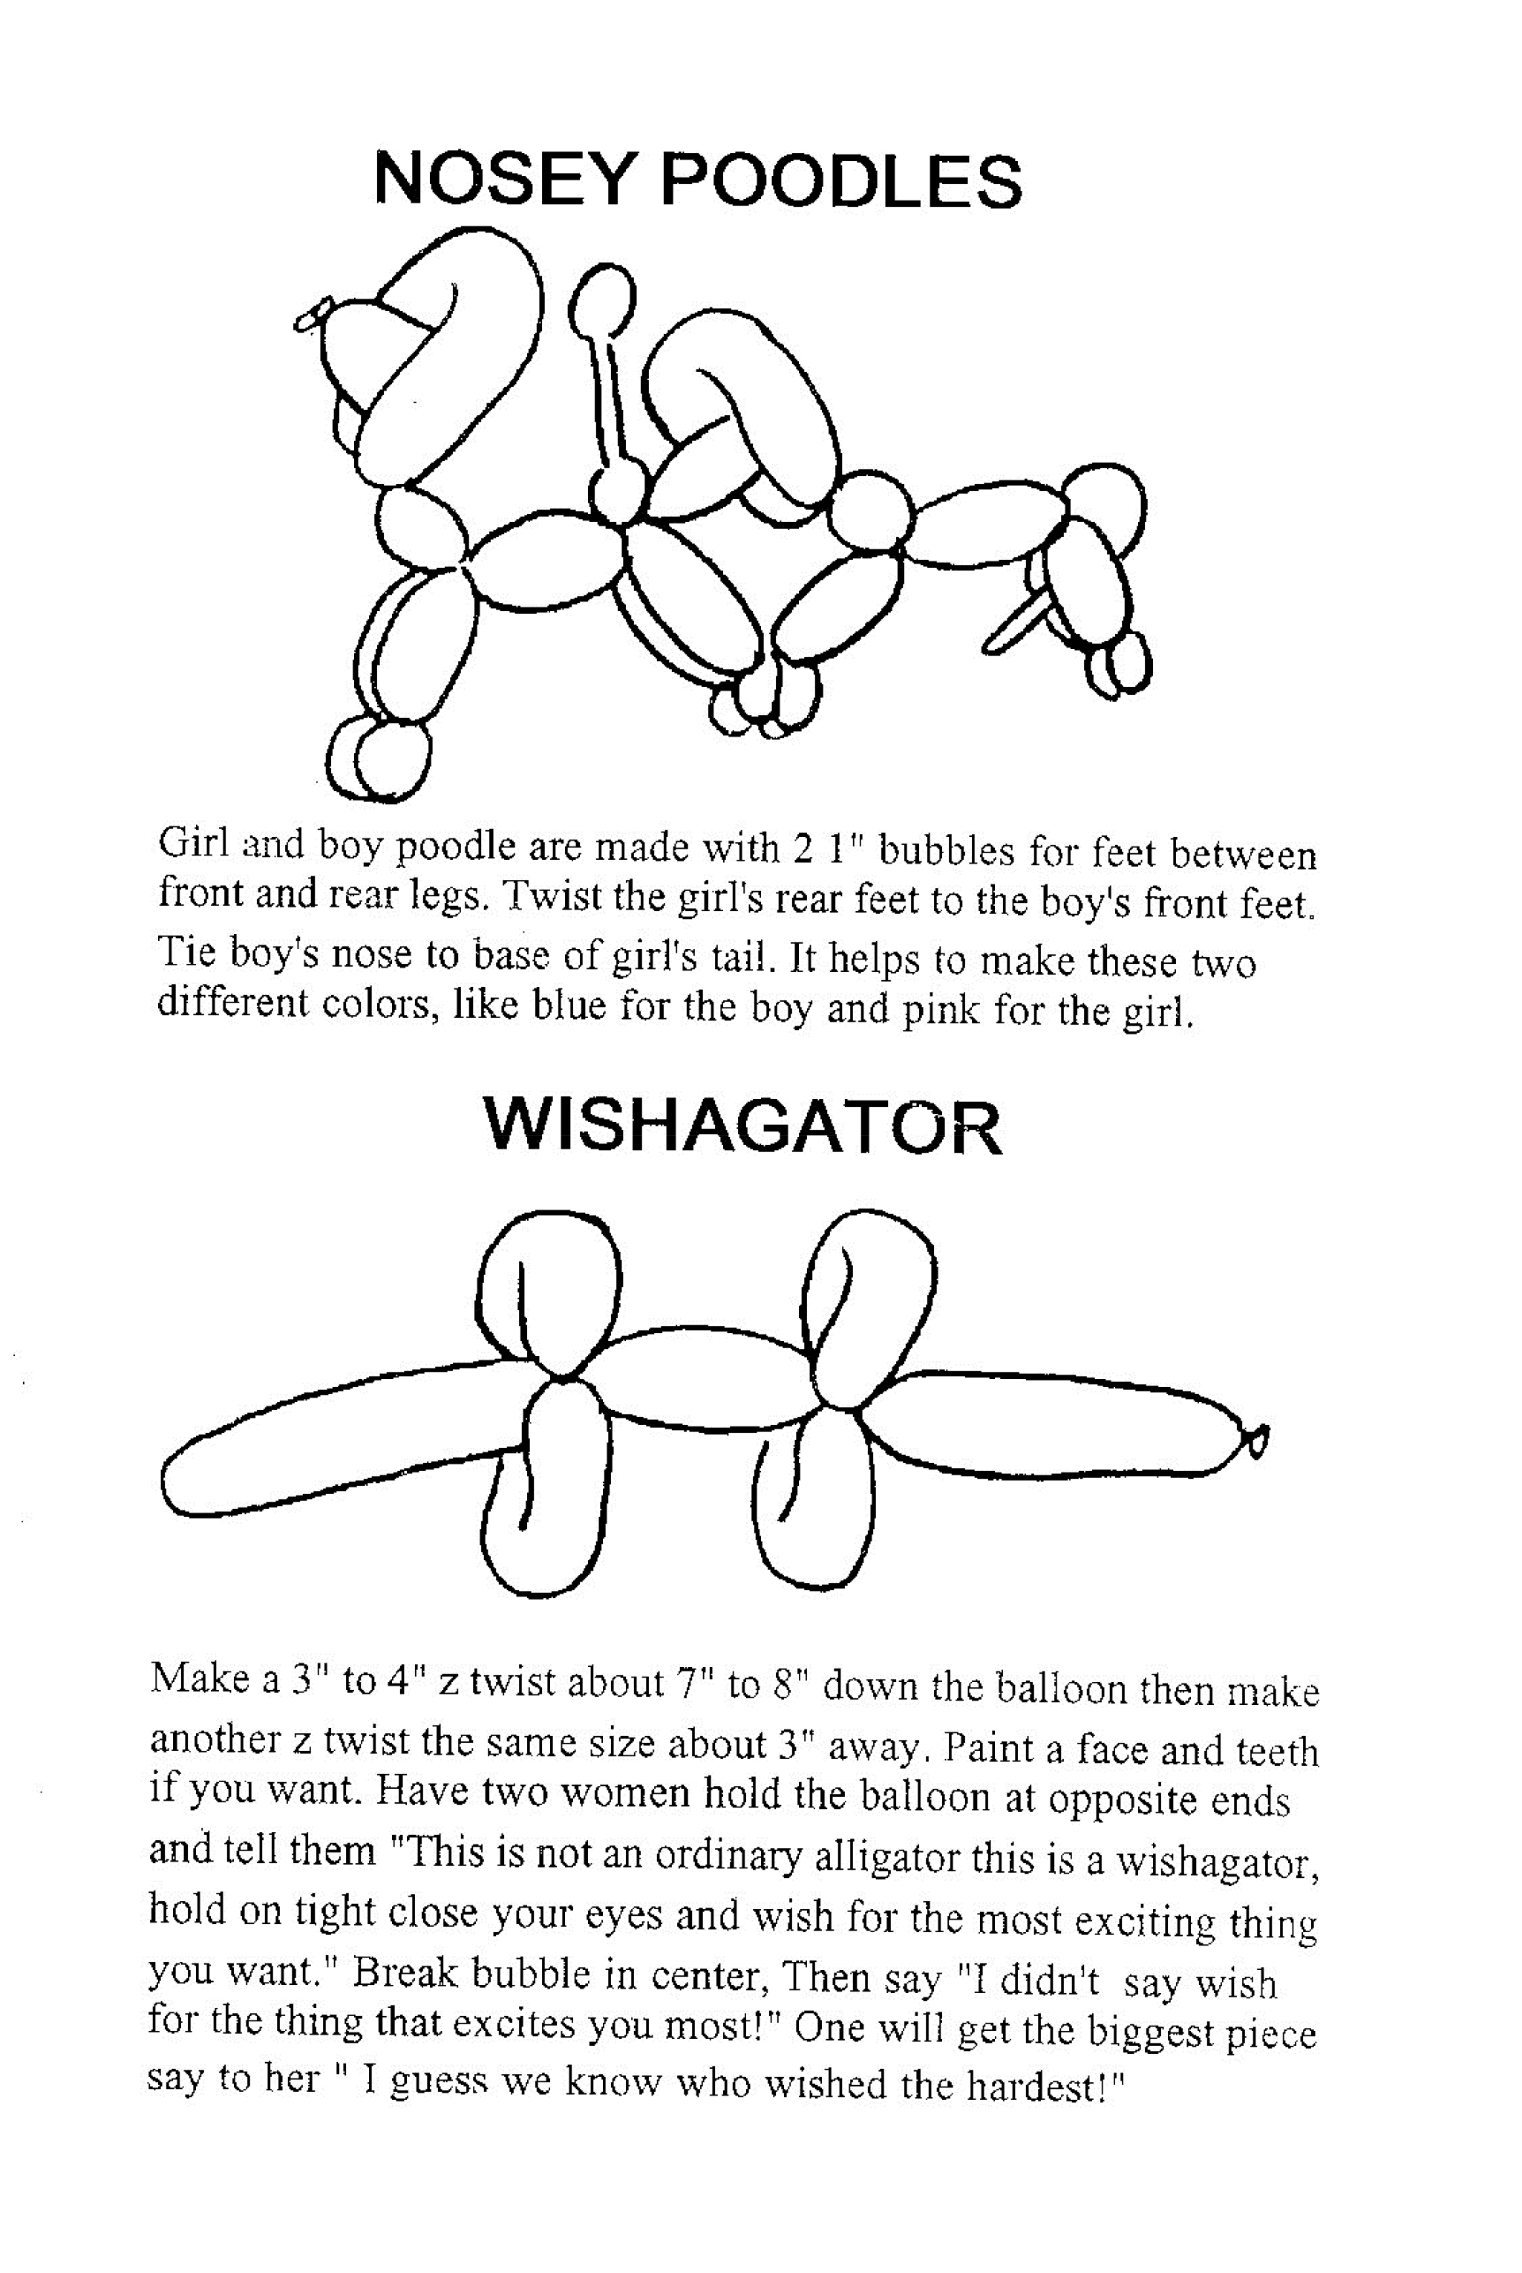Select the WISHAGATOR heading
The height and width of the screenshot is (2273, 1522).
tap(742, 1128)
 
